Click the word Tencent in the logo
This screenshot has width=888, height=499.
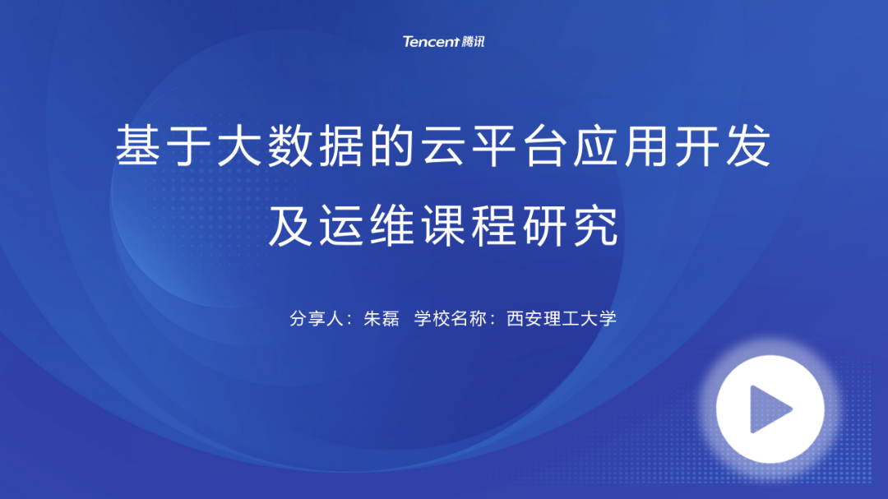[x=430, y=41]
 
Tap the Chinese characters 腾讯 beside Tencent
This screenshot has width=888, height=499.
[x=473, y=41]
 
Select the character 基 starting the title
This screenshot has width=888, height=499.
[x=137, y=146]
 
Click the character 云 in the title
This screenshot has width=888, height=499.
[x=443, y=146]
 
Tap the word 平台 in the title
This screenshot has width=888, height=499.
[x=519, y=146]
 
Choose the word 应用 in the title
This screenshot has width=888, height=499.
[x=621, y=146]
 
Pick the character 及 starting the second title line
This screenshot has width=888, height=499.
[x=290, y=225]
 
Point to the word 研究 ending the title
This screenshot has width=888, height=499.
[x=571, y=225]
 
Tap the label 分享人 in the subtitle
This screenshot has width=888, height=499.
[x=317, y=318]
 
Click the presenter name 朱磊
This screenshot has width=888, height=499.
[x=382, y=318]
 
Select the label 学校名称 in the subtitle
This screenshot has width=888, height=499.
[x=451, y=318]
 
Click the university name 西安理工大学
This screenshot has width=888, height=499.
[x=562, y=318]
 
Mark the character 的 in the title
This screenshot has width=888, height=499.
[x=392, y=146]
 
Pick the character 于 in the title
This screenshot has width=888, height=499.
[x=188, y=146]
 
